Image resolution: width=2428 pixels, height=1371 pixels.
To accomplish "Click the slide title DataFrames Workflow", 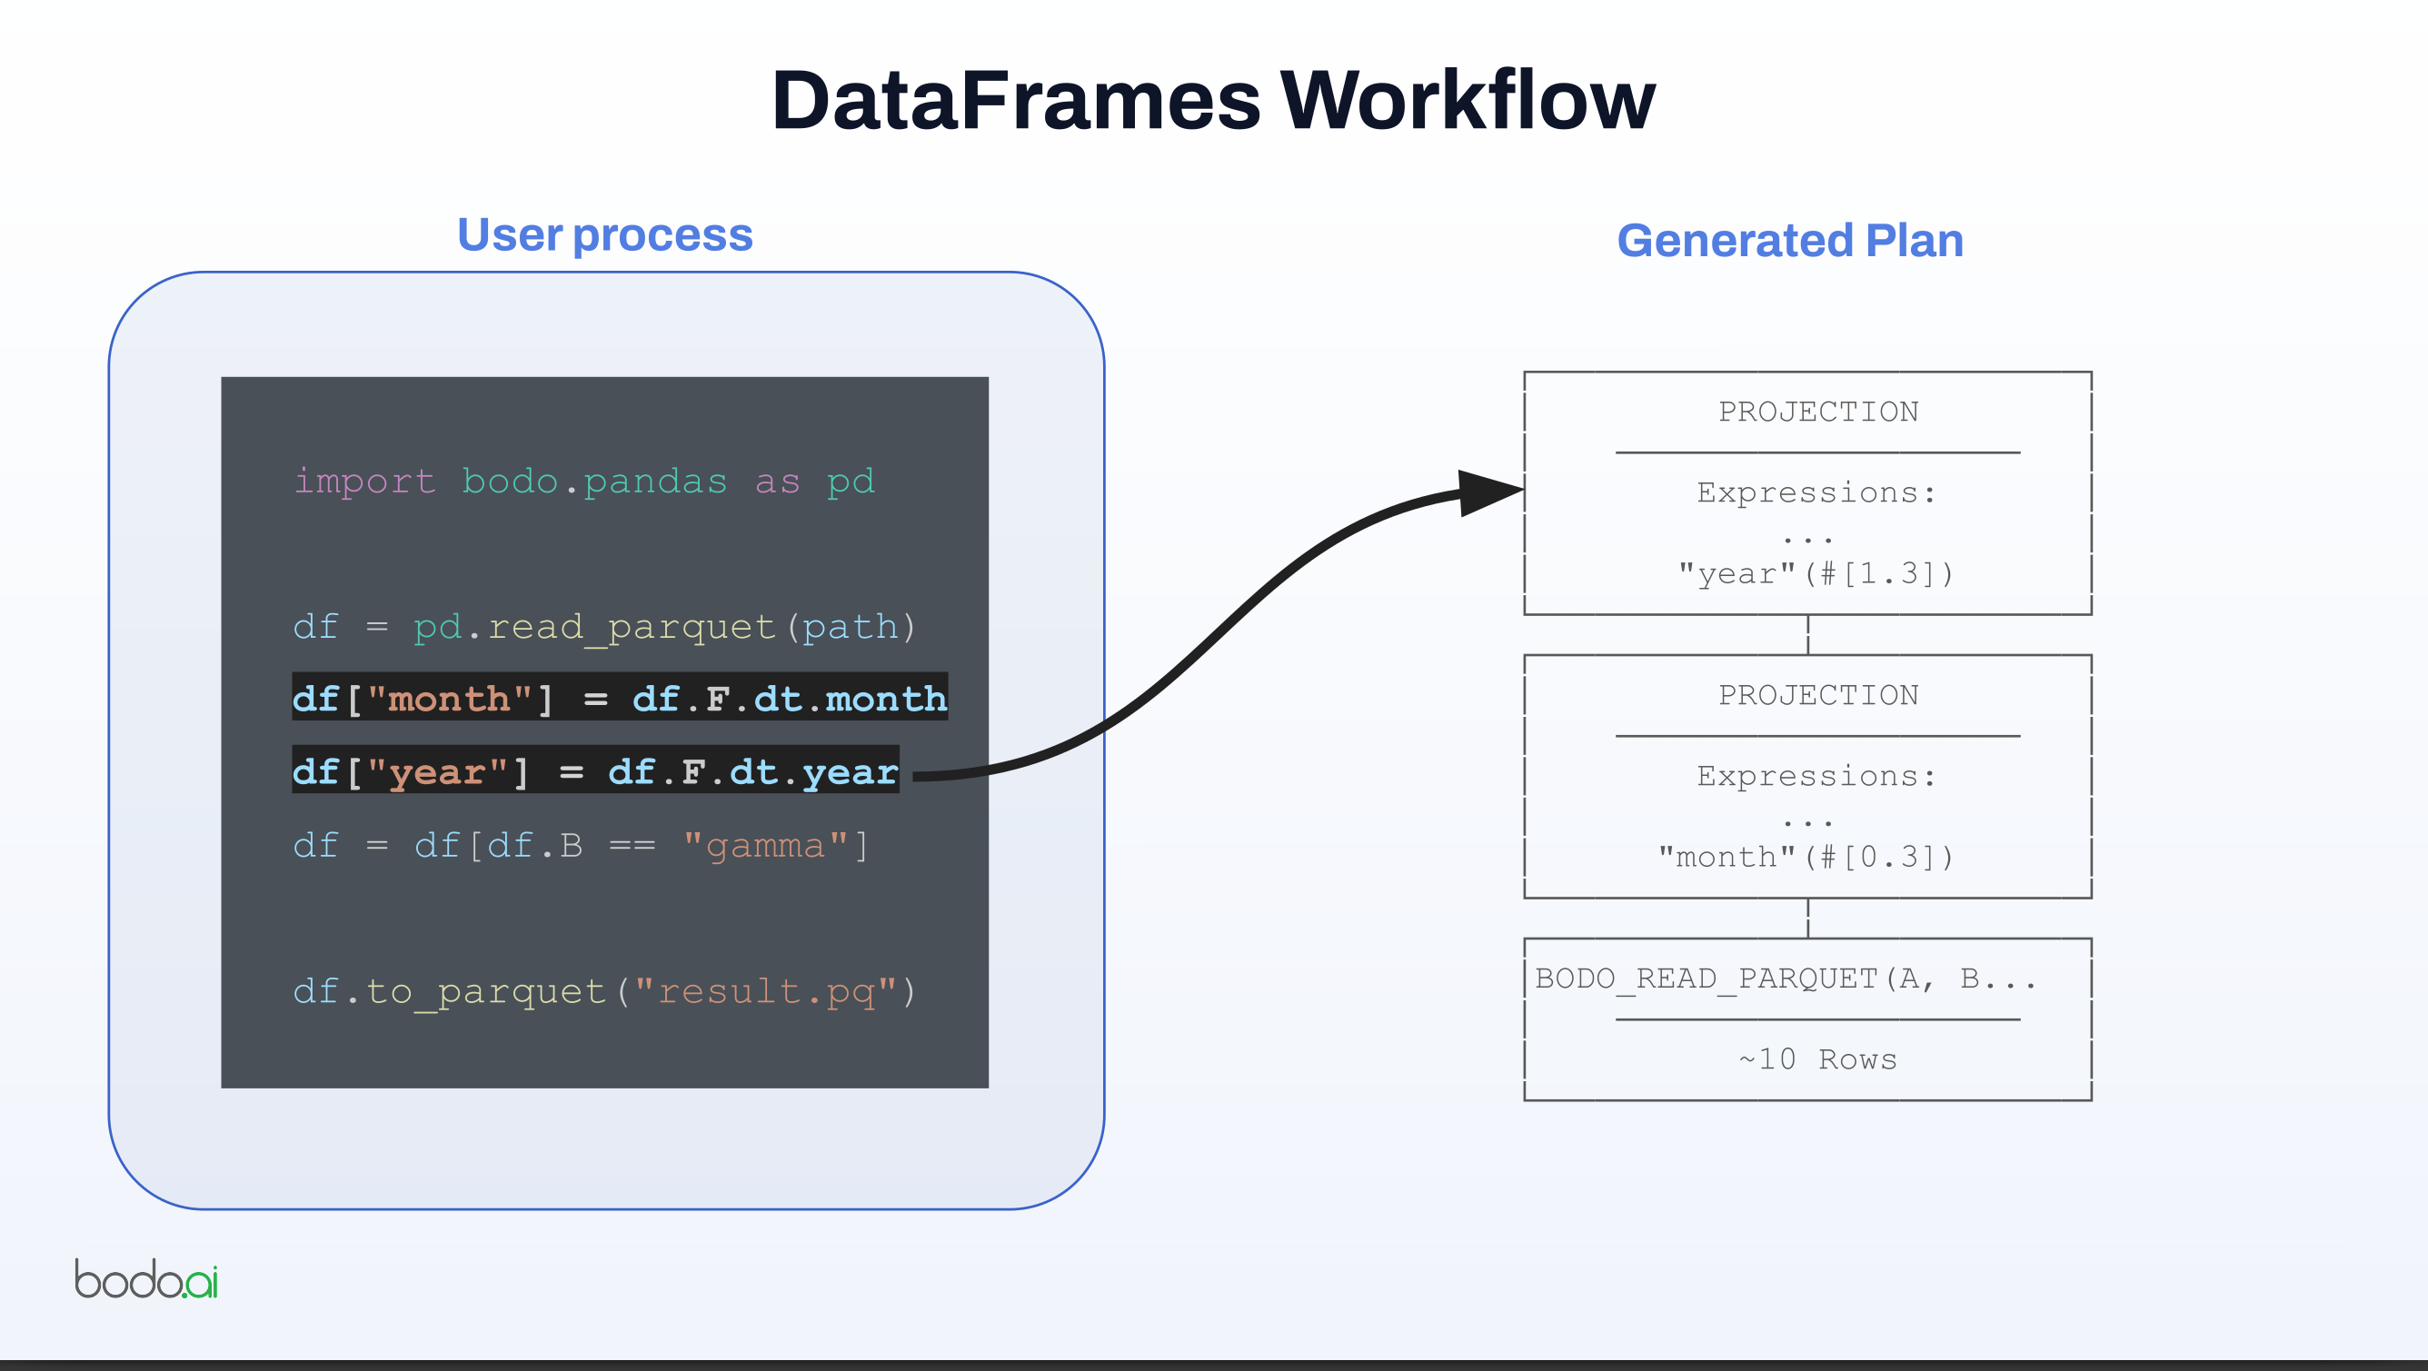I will (x=1213, y=100).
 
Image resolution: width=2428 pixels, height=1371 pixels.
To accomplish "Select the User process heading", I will (x=604, y=234).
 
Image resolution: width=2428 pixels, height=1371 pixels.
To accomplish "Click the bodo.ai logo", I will (x=146, y=1278).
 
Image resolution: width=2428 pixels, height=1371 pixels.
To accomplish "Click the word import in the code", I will (x=363, y=482).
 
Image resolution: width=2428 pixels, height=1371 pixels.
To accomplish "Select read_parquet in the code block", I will (x=631, y=627).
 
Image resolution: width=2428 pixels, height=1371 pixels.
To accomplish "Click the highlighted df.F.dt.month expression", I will (x=789, y=699).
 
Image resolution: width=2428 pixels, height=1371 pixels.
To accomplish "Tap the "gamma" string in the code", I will (x=764, y=845).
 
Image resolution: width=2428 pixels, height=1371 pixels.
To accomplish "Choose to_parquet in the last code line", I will (x=484, y=990).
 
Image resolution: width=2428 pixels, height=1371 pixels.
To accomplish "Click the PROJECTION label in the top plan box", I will (x=1817, y=412).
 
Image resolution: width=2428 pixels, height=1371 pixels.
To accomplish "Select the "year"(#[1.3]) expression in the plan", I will (x=1816, y=573).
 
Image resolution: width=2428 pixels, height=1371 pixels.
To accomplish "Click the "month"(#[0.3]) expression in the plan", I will (x=1806, y=857).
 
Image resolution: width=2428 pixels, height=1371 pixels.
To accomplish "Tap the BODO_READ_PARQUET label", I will (x=1706, y=979).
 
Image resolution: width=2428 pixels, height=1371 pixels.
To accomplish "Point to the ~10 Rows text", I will (x=1817, y=1059).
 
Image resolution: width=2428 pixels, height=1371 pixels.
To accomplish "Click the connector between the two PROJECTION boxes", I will (x=1806, y=635).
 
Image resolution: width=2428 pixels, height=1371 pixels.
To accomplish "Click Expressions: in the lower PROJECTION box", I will (x=1816, y=776).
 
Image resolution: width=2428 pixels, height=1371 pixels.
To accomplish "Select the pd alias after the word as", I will (x=851, y=482).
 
